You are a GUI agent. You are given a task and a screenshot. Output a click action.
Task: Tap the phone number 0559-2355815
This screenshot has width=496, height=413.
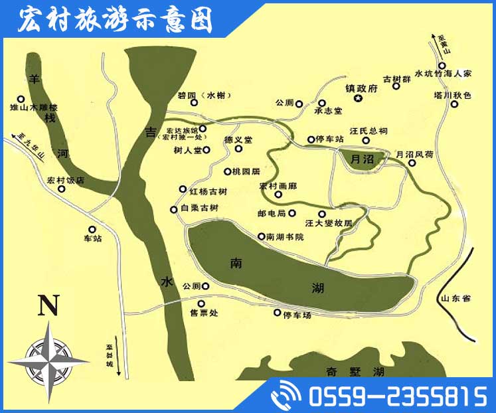point(397,397)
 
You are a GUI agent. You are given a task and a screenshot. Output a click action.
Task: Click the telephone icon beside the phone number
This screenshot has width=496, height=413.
point(286,396)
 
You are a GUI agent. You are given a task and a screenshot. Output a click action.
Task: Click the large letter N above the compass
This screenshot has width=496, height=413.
point(47,306)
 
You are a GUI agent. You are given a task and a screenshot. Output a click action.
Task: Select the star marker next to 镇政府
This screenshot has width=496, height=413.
point(359,100)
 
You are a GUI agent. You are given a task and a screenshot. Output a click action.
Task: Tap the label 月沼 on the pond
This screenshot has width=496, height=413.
point(361,159)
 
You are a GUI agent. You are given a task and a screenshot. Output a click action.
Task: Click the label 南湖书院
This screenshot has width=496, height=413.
point(285,237)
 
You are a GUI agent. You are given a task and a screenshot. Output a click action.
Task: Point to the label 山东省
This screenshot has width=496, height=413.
point(455,299)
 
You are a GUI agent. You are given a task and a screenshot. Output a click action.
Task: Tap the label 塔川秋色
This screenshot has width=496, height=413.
point(452,96)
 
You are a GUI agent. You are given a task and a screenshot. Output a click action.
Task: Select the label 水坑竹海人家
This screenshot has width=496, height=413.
point(443,74)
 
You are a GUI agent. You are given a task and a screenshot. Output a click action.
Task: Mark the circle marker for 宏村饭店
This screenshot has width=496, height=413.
point(62,189)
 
